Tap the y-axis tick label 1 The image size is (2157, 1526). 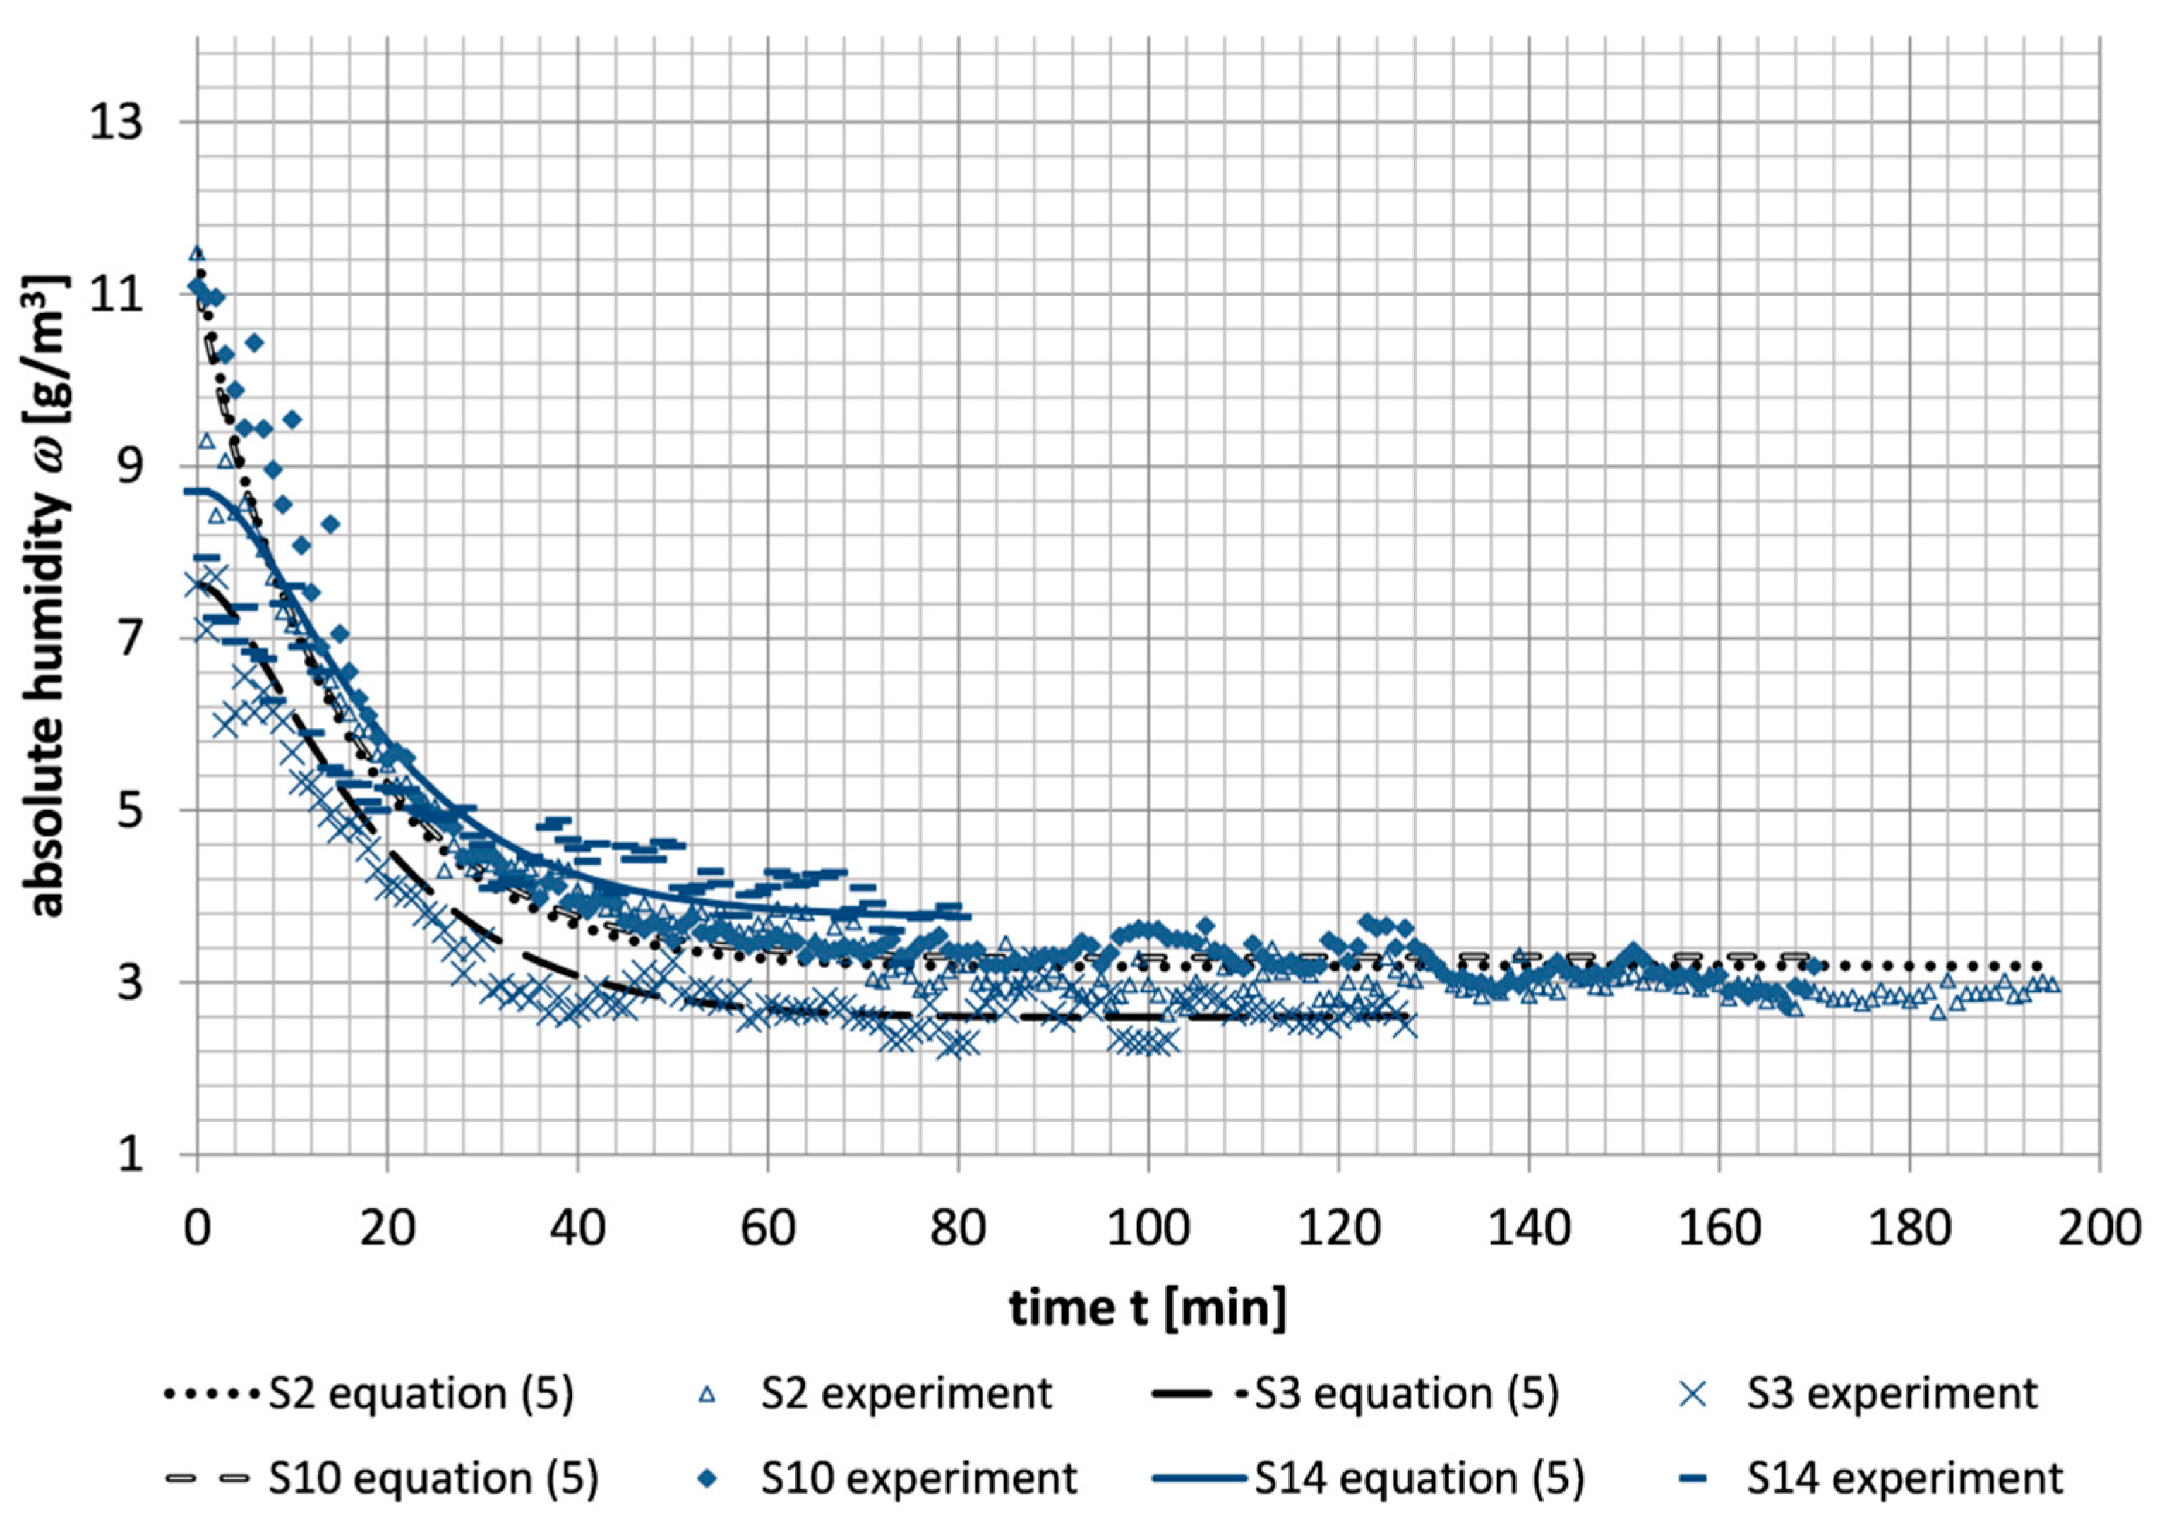(x=131, y=1154)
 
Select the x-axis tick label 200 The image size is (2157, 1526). (x=2098, y=1228)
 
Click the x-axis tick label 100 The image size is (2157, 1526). (x=1148, y=1228)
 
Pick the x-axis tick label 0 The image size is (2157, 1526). (x=198, y=1228)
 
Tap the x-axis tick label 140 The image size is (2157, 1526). (x=1529, y=1228)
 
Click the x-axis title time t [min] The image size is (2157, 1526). (x=1148, y=1307)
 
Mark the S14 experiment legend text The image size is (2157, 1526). (x=1904, y=1478)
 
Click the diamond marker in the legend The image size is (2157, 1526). (x=709, y=1479)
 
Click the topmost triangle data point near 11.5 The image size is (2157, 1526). (x=198, y=253)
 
